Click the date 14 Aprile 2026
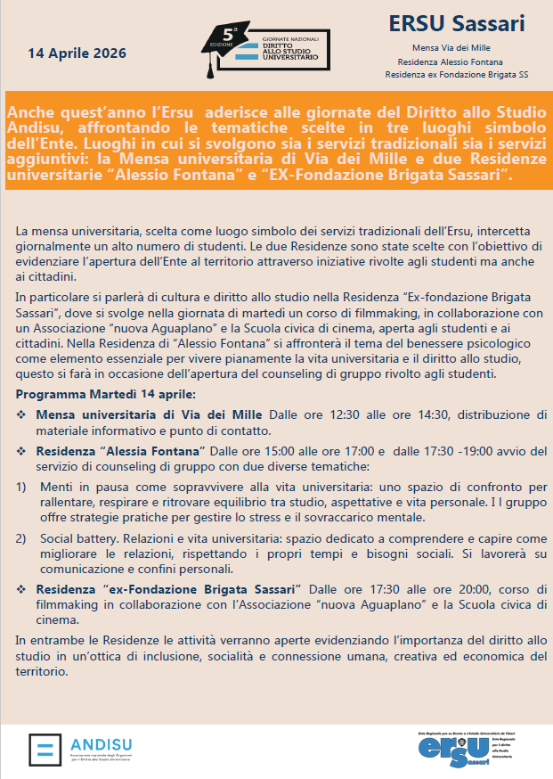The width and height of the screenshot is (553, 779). tap(77, 53)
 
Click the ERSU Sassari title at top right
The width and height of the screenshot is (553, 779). tap(457, 23)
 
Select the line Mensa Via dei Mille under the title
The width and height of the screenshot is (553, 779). tap(457, 47)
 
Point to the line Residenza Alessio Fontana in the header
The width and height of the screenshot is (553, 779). tap(457, 61)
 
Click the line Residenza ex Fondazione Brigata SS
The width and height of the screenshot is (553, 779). tap(457, 76)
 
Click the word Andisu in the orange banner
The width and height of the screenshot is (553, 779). tap(33, 127)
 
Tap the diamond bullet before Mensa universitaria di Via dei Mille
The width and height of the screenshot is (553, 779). tap(22, 414)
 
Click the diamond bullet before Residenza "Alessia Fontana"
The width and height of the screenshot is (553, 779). tap(22, 452)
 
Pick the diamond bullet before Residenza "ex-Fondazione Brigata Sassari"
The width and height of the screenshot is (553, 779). tap(22, 590)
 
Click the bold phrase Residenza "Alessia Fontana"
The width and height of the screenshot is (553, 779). tap(121, 452)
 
